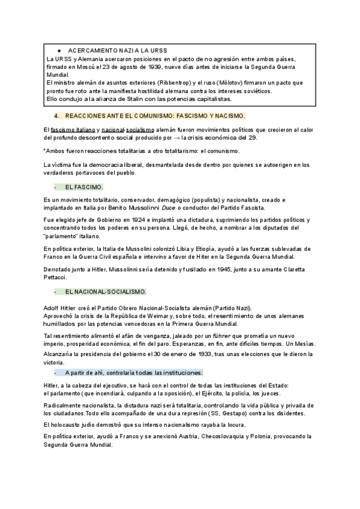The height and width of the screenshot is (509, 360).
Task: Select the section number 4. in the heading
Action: (56, 115)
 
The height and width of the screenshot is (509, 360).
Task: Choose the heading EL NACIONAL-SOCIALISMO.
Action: (105, 292)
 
